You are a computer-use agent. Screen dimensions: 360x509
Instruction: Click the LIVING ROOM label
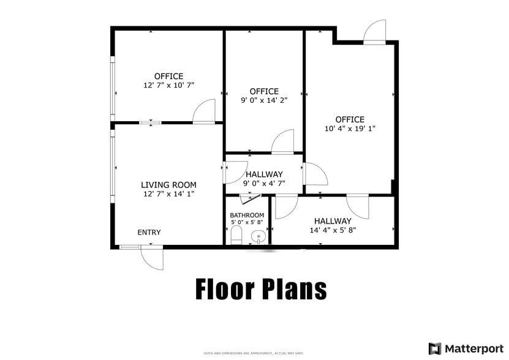pyautogui.click(x=168, y=185)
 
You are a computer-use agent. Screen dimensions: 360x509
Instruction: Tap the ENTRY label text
pyautogui.click(x=149, y=232)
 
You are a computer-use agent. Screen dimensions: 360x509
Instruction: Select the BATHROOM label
pyautogui.click(x=247, y=215)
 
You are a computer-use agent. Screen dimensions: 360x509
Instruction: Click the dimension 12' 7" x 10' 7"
pyautogui.click(x=168, y=86)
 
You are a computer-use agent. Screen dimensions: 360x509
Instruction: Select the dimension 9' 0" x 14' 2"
pyautogui.click(x=264, y=100)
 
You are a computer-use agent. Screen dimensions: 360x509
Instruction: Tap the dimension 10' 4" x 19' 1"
pyautogui.click(x=349, y=129)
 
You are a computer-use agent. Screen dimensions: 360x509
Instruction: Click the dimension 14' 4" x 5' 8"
pyautogui.click(x=333, y=230)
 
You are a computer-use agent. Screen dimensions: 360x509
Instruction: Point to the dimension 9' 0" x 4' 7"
pyautogui.click(x=264, y=183)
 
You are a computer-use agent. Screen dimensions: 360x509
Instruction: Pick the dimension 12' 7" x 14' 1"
pyautogui.click(x=168, y=193)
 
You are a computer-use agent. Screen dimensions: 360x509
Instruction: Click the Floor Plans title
pyautogui.click(x=261, y=288)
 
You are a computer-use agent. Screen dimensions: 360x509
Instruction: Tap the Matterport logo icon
pyautogui.click(x=435, y=348)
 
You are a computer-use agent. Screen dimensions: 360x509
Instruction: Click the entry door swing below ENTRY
pyautogui.click(x=153, y=258)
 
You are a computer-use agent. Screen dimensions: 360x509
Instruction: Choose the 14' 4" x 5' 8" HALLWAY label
pyautogui.click(x=333, y=221)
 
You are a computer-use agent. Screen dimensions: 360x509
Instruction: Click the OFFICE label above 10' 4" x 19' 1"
pyautogui.click(x=349, y=119)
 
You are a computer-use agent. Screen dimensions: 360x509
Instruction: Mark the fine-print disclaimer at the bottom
pyautogui.click(x=254, y=353)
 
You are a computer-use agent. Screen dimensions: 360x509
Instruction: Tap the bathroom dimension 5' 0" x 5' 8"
pyautogui.click(x=247, y=222)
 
